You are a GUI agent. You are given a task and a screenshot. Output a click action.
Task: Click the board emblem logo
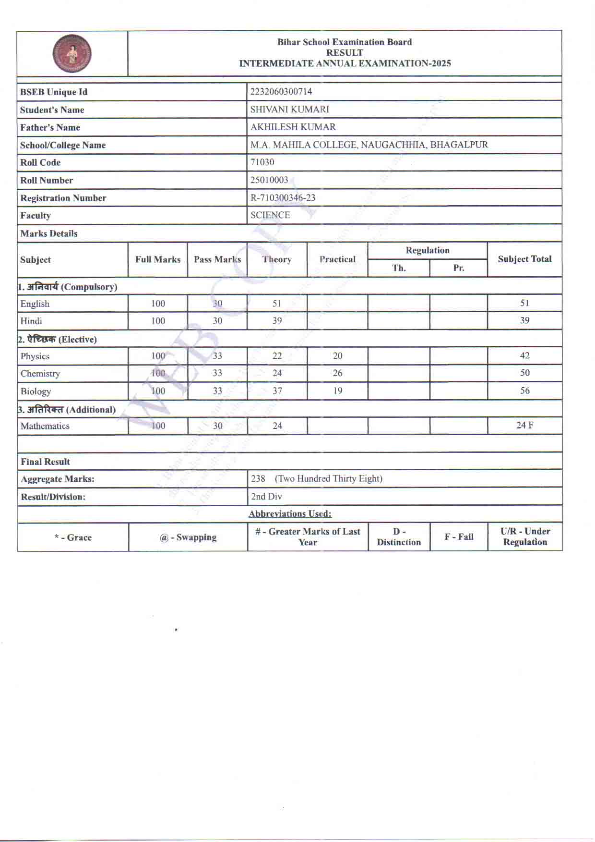[72, 53]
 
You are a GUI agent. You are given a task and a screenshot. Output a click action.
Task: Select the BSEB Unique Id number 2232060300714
[281, 91]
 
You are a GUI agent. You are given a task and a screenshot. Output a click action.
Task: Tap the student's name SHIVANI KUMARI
[289, 109]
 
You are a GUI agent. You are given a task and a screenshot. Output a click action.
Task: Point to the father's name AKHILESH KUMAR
[293, 127]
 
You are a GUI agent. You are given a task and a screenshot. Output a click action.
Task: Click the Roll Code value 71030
[262, 162]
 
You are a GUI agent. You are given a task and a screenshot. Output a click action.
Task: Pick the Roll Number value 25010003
[269, 180]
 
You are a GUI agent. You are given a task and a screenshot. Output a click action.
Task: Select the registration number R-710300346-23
[283, 197]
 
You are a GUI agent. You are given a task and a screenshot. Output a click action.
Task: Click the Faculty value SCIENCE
[270, 215]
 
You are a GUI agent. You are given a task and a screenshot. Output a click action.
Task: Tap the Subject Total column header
[524, 259]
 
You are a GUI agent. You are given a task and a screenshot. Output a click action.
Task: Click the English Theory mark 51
[277, 303]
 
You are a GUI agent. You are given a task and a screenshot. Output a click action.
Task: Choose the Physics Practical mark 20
[337, 355]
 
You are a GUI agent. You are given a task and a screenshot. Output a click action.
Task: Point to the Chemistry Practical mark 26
[337, 373]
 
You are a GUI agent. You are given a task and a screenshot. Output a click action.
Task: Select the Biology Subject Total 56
[524, 390]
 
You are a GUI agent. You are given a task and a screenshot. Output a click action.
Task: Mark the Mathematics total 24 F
[524, 425]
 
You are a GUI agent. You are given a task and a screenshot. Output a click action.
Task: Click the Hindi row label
[31, 321]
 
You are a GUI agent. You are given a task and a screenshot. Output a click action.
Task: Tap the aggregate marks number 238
[258, 478]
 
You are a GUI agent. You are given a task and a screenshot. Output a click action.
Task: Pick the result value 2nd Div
[266, 496]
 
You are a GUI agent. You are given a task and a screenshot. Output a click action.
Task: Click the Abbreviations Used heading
[290, 513]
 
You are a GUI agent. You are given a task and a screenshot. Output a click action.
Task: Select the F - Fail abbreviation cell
[459, 537]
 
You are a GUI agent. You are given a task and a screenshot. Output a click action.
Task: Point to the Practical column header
[337, 259]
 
